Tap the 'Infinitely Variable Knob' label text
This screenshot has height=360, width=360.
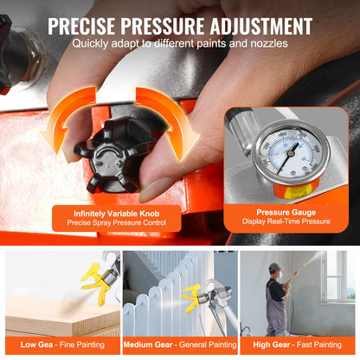tap(118, 212)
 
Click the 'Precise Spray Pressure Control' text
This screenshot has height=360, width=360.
tap(118, 223)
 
